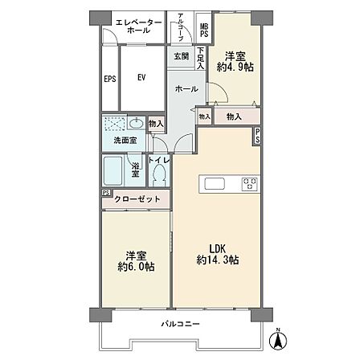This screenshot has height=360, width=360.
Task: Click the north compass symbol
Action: (x=279, y=339)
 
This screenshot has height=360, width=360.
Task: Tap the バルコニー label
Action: (x=180, y=324)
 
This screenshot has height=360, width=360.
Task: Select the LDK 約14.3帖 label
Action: (x=218, y=254)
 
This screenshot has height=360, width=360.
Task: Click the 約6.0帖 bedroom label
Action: (x=136, y=261)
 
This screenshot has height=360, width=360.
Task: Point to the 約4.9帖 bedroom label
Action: (x=235, y=62)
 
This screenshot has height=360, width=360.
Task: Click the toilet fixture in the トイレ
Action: (x=158, y=175)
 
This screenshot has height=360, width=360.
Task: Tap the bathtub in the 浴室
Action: (x=113, y=171)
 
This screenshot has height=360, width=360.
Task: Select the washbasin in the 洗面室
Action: (x=136, y=123)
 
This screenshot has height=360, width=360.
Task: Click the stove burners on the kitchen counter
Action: (x=250, y=184)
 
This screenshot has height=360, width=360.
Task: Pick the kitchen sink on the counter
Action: (x=215, y=184)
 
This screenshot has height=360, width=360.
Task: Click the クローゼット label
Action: (x=137, y=199)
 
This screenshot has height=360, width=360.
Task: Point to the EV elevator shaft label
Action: (x=141, y=78)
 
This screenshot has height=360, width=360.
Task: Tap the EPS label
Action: (x=110, y=79)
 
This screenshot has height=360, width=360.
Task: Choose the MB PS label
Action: (x=204, y=31)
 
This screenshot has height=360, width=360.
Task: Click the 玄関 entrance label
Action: (x=182, y=56)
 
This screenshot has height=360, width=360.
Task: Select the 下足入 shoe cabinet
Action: (x=201, y=58)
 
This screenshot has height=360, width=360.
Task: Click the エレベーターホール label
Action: (x=139, y=26)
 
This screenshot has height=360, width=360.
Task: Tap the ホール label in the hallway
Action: (x=186, y=88)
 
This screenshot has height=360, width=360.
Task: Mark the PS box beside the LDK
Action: (x=257, y=137)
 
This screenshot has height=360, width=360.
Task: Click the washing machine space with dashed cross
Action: (x=115, y=124)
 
